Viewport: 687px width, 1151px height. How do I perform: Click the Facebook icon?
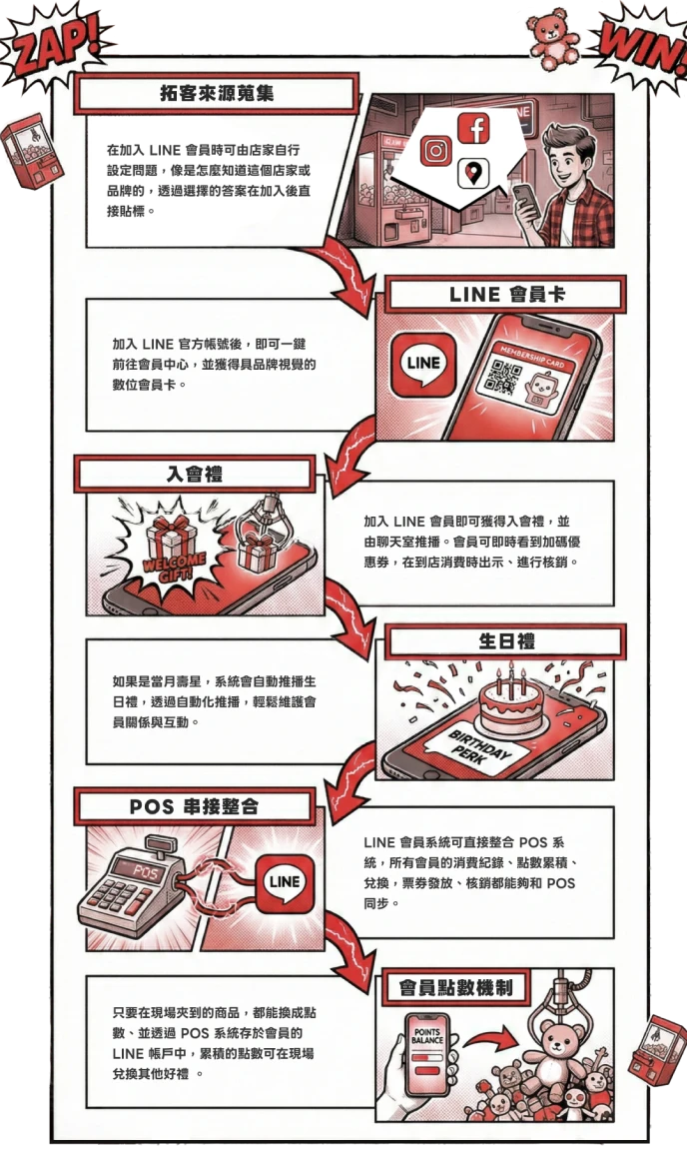point(473,129)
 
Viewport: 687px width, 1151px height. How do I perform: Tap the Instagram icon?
point(436,151)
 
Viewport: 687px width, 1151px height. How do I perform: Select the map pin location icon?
point(473,174)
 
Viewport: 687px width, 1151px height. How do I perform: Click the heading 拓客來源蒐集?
point(217,93)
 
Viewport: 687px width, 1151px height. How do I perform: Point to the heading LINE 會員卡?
point(507,295)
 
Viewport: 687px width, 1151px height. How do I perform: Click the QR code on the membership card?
point(505,376)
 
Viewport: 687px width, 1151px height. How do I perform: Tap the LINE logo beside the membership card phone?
point(422,364)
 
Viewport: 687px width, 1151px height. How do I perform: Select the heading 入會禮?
point(195,474)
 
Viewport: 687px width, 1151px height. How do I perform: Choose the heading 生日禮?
point(507,641)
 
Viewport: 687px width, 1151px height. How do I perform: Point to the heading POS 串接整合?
point(194,806)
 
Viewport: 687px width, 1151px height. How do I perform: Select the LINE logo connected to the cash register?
point(284,881)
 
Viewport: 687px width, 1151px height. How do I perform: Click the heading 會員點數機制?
point(455,988)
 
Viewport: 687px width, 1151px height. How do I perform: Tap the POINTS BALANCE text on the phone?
point(427,1036)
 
